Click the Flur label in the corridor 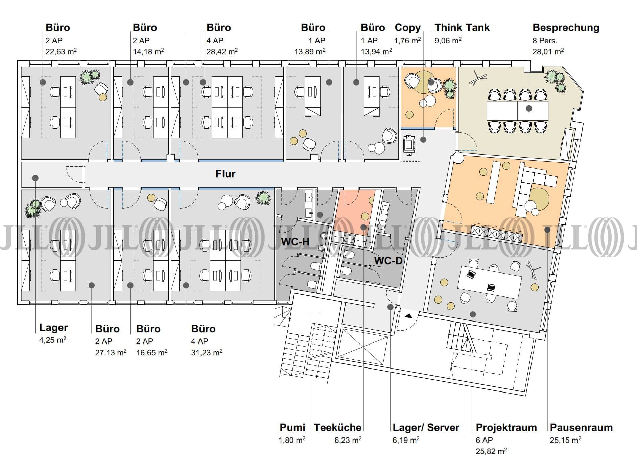click(226, 174)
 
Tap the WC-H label click(295, 241)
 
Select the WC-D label click(388, 261)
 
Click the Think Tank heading click(462, 28)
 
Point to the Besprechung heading click(566, 28)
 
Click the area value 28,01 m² click(548, 51)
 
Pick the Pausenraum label click(581, 428)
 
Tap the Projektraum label click(506, 428)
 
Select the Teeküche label click(337, 428)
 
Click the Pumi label click(292, 428)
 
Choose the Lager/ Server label click(426, 428)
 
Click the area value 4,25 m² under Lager click(53, 340)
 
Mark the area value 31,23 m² click(207, 353)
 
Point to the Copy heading click(407, 28)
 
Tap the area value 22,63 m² click(61, 51)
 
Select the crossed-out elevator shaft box click(362, 347)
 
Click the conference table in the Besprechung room click(517, 111)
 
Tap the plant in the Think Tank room click(450, 89)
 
